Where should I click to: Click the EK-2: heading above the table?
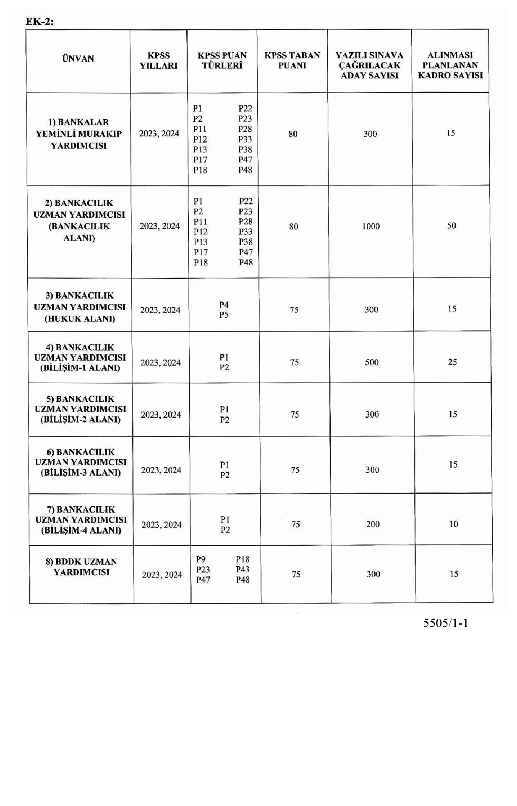(40, 21)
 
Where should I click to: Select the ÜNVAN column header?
(78, 59)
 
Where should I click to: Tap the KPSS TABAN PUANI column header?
(292, 60)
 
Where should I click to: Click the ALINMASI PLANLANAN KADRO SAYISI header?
(450, 65)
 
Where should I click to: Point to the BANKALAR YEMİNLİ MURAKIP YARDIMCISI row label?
(78, 134)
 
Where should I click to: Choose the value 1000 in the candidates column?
(371, 227)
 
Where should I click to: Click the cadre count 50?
(452, 226)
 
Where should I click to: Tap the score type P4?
(224, 305)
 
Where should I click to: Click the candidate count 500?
(371, 362)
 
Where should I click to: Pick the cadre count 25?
(452, 362)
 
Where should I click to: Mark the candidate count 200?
(373, 524)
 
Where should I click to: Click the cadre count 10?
(453, 524)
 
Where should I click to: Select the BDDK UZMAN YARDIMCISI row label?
(81, 567)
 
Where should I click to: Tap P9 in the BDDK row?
(201, 560)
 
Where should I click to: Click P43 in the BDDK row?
(243, 570)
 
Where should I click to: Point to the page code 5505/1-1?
(446, 623)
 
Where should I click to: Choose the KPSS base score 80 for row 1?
(293, 134)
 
